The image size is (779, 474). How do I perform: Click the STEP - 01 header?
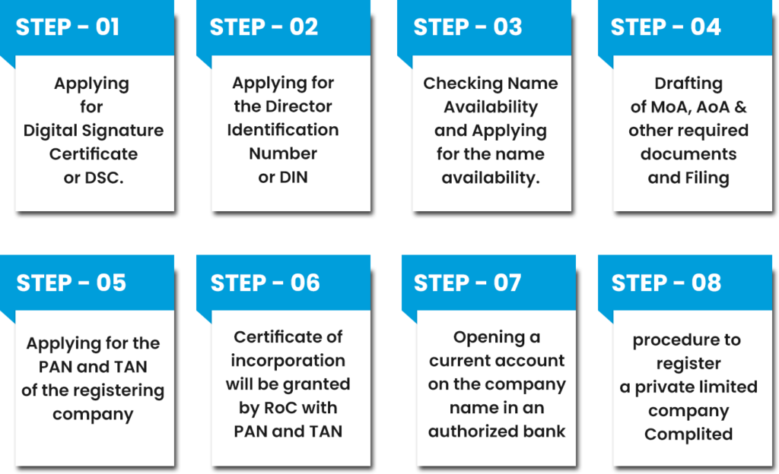(68, 27)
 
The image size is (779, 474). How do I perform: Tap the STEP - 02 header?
(263, 27)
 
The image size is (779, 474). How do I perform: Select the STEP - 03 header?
(467, 27)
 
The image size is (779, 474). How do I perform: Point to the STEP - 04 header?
(666, 27)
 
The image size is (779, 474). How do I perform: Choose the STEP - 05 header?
(71, 283)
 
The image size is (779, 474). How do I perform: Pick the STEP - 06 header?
(265, 283)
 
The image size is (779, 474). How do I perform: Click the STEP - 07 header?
(467, 283)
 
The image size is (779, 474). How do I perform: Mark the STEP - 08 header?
(666, 283)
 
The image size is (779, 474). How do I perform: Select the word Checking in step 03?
(454, 84)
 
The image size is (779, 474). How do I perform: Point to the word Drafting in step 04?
(688, 84)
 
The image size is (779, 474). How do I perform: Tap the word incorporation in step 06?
(288, 360)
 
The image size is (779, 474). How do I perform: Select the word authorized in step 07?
(474, 431)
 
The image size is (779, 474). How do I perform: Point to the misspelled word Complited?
(688, 434)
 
